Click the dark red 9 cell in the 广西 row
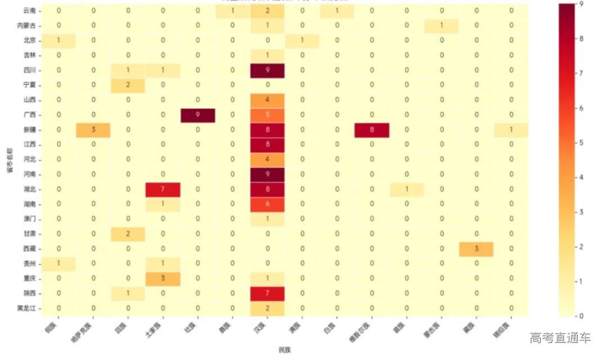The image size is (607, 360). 198,115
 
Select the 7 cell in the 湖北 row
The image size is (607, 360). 163,189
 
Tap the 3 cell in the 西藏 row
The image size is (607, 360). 477,249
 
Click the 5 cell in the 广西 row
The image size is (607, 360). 268,115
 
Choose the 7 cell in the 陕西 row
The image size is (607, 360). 268,293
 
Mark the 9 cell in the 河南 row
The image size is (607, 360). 268,175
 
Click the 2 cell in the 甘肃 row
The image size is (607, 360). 128,234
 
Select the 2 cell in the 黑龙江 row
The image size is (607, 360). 268,308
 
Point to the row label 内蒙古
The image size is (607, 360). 26,26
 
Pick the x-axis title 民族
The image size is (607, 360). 285,350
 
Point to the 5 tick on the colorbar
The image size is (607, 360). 591,143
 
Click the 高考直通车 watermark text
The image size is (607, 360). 560,338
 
